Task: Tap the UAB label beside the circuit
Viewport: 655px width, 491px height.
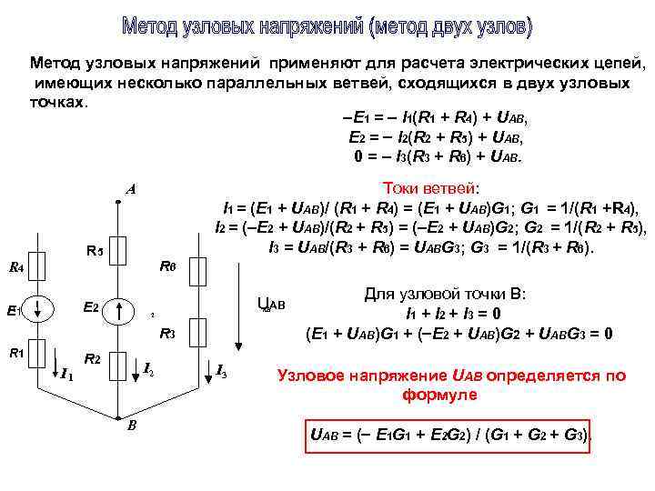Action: (x=271, y=304)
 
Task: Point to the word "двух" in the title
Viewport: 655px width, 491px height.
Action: (x=427, y=28)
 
